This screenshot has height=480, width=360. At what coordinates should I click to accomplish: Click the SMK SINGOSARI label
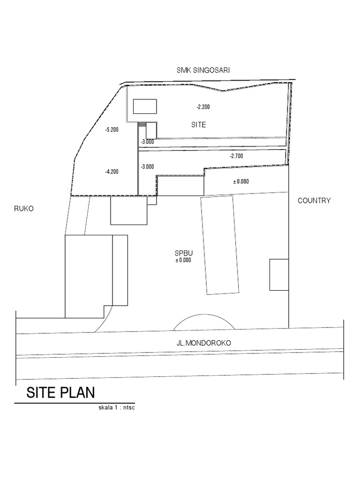(x=203, y=70)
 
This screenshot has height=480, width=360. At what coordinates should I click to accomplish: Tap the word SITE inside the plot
(x=199, y=125)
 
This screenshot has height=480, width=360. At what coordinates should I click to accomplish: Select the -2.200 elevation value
(x=203, y=107)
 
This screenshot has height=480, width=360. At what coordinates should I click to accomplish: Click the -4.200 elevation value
(x=112, y=172)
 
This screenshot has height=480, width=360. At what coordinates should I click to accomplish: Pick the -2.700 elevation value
(x=236, y=156)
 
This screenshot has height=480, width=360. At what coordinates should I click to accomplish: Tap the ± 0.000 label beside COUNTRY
(x=241, y=181)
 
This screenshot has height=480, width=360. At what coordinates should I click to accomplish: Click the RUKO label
(x=27, y=209)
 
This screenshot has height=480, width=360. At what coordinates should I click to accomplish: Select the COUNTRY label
(x=314, y=201)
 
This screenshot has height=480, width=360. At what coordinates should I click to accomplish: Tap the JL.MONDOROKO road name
(x=204, y=343)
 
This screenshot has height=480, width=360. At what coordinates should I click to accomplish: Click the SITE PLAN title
(x=60, y=392)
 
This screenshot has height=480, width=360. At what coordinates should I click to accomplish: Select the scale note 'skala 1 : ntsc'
(x=117, y=407)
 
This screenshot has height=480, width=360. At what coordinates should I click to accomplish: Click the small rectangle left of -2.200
(x=146, y=106)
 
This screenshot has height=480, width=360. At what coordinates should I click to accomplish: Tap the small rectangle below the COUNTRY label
(x=278, y=274)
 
